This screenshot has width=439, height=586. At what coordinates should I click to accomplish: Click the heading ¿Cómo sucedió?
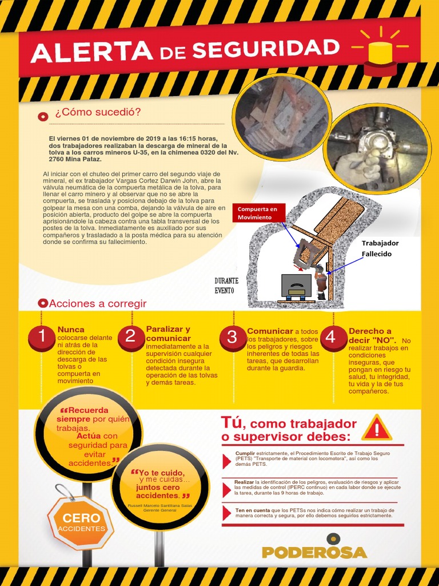tap(98, 112)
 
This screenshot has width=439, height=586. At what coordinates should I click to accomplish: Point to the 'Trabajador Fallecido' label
tap(380, 248)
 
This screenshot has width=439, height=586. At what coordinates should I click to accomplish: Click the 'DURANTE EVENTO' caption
tap(226, 286)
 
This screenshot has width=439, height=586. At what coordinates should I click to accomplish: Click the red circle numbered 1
tap(41, 336)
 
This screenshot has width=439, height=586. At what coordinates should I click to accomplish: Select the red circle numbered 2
tap(130, 336)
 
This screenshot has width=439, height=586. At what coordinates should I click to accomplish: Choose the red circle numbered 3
tap(232, 337)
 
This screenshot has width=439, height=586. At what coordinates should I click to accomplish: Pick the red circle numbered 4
tap(330, 338)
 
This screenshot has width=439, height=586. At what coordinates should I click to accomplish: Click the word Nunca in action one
tap(71, 330)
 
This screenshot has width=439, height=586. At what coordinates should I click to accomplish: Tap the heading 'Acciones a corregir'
tap(98, 303)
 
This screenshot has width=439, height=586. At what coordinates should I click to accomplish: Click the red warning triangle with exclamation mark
tap(377, 428)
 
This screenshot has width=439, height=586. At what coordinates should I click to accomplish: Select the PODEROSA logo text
tap(314, 552)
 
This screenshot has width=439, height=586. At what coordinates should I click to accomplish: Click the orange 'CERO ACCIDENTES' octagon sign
tap(81, 522)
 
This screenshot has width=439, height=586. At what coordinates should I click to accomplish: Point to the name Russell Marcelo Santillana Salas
tap(159, 506)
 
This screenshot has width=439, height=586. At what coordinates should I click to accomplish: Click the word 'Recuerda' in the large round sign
tap(86, 411)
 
